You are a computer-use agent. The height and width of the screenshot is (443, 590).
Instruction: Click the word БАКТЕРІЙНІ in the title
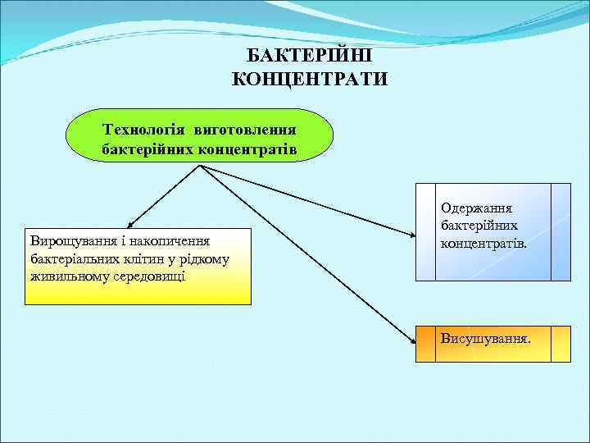click(x=310, y=57)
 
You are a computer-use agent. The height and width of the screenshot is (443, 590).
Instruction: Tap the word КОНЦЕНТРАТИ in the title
click(x=310, y=79)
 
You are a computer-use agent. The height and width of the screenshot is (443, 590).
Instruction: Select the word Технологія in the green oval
click(x=141, y=130)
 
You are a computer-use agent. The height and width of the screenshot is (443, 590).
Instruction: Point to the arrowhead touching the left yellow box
click(x=131, y=224)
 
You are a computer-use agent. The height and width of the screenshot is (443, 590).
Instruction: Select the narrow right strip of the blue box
click(x=560, y=232)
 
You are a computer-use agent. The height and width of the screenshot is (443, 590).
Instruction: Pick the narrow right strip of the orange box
click(x=560, y=344)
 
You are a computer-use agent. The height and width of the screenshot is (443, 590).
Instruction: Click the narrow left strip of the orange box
click(x=425, y=344)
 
